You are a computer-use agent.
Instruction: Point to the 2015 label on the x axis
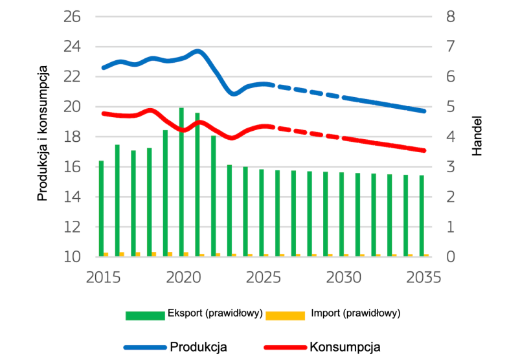pos(103,277)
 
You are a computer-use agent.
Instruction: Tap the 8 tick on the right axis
pos(451,16)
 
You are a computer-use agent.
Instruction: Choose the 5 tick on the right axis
pos(451,107)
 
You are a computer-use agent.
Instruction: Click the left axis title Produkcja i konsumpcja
pos(43,133)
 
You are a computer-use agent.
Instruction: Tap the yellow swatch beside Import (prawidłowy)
pos(285,315)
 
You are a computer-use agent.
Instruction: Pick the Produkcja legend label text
pos(198,346)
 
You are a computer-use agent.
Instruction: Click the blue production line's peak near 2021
pos(198,51)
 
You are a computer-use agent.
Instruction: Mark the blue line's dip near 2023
pos(234,95)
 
